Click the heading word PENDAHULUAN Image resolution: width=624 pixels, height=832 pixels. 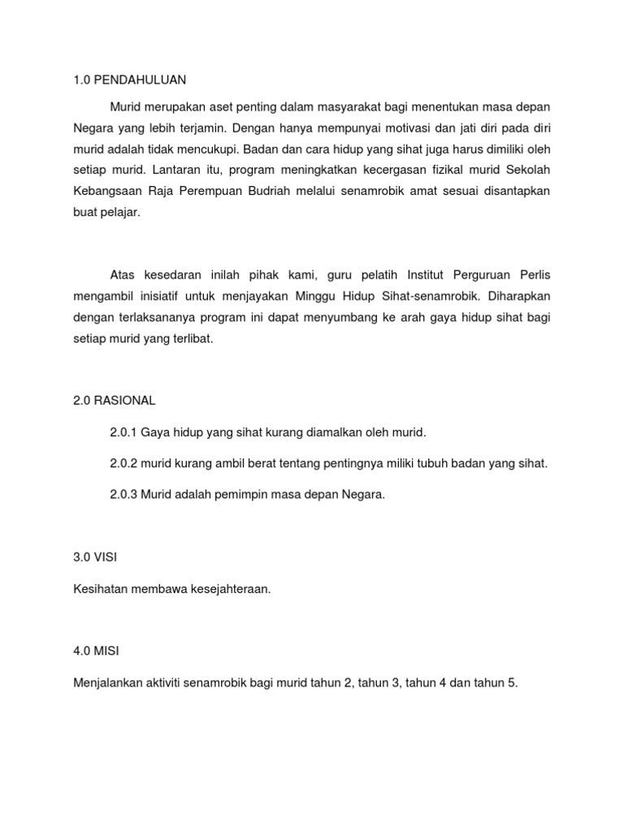(x=140, y=80)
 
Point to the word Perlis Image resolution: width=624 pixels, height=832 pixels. (x=532, y=274)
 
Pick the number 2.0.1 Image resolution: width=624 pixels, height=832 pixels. (x=123, y=432)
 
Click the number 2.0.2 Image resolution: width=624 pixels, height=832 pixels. (x=123, y=464)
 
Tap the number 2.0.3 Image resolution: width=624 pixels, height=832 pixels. (x=123, y=495)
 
